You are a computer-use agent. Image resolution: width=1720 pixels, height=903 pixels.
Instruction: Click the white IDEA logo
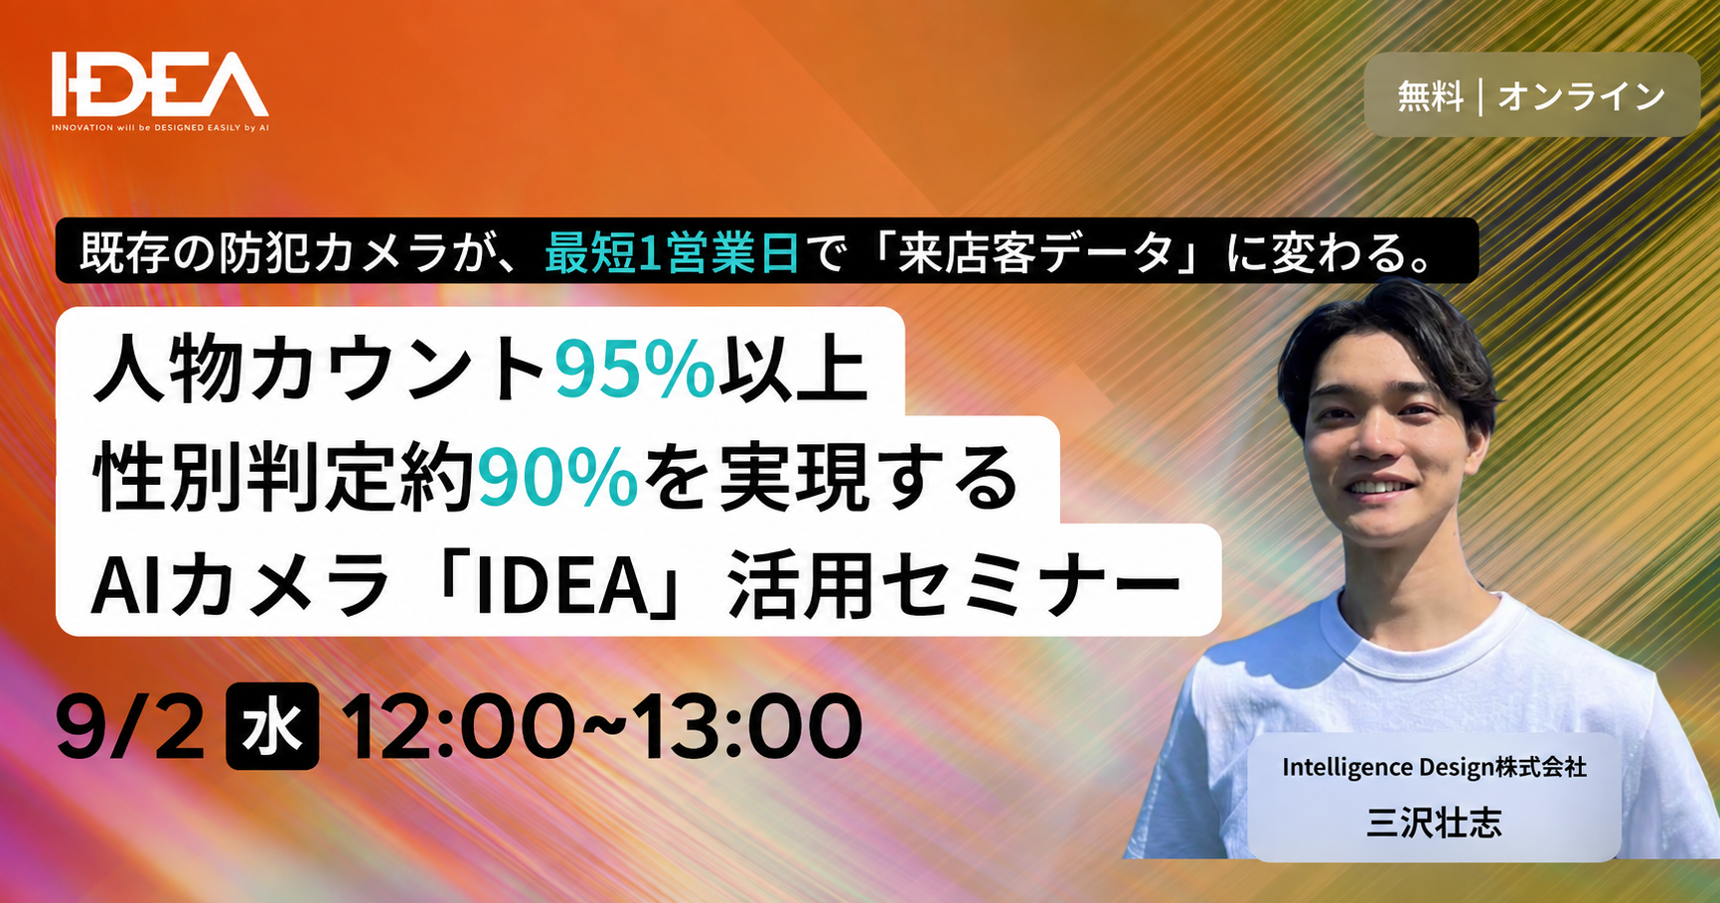[x=160, y=84]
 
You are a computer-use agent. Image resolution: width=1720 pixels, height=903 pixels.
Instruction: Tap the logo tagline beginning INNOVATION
[x=160, y=127]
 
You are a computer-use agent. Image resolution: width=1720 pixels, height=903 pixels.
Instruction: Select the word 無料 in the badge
[x=1430, y=96]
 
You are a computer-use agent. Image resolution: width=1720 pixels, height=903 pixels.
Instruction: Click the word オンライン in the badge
[x=1582, y=96]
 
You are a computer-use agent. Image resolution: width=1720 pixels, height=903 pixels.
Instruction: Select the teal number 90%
[x=558, y=479]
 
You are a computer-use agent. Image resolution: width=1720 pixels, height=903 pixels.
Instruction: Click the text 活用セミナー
[x=954, y=586]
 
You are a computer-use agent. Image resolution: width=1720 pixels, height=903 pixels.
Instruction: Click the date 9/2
[x=130, y=727]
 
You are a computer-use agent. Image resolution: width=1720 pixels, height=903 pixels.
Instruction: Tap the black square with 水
[x=272, y=726]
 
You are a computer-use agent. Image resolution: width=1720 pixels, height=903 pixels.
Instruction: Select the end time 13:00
[x=748, y=727]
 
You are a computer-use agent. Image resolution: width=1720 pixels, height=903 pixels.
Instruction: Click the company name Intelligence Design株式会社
[x=1434, y=767]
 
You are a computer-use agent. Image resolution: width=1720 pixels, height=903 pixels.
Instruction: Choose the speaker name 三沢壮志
[x=1434, y=823]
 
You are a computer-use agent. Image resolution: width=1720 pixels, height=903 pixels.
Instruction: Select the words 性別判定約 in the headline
[x=284, y=479]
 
